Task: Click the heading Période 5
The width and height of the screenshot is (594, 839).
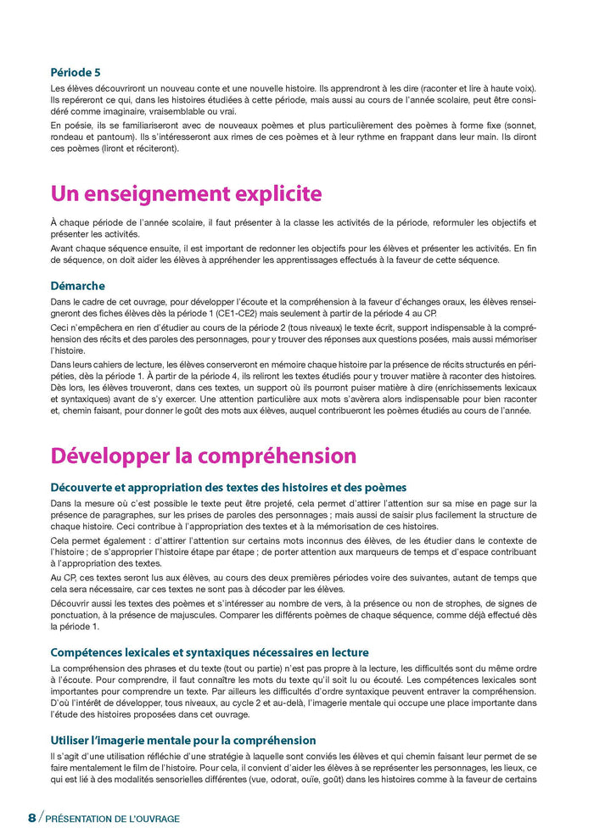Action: (x=76, y=72)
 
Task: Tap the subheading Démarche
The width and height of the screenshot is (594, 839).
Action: (x=78, y=286)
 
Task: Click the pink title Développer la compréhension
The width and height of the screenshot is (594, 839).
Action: (x=203, y=455)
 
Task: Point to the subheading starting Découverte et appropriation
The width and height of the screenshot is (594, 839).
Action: (x=228, y=487)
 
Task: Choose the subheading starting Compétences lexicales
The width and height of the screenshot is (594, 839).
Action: (x=210, y=652)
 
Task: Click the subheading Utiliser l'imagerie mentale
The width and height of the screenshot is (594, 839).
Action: (x=183, y=741)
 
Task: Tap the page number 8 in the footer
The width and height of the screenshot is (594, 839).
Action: (x=32, y=818)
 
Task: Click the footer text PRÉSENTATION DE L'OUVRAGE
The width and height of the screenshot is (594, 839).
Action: (x=112, y=819)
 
